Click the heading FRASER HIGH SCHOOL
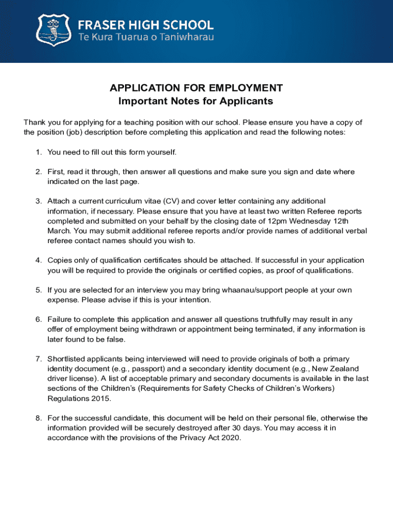tap(145, 24)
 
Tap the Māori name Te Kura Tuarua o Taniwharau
tap(145, 37)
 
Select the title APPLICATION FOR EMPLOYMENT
tap(196, 88)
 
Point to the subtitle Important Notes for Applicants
tap(196, 101)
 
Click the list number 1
tap(38, 152)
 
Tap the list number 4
tap(38, 260)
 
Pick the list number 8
tap(38, 418)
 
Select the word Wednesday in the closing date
tap(305, 221)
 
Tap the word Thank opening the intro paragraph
tap(34, 123)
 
